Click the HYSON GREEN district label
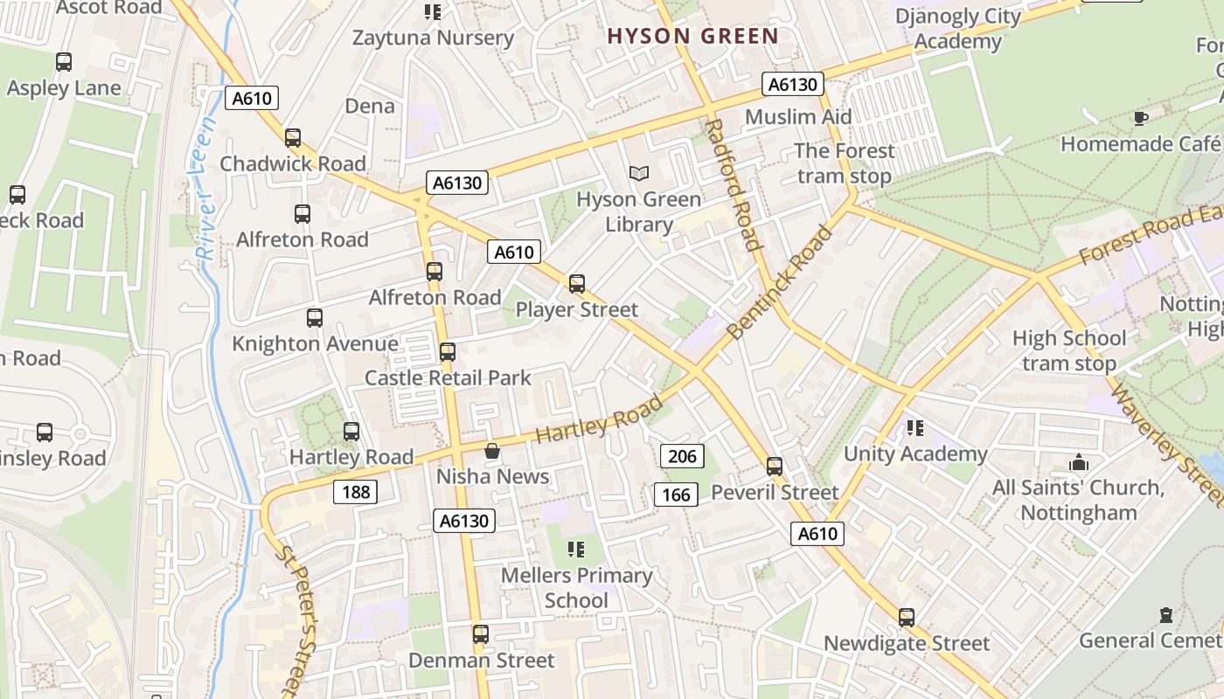pos(692,36)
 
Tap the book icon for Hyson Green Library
pos(639,174)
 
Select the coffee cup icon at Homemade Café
pos(1140,118)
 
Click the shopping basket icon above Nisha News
pos(492,451)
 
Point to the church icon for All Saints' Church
pos(1079,462)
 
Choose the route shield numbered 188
pos(355,492)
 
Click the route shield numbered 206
pos(682,455)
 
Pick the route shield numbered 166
pos(676,495)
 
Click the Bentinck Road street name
pos(780,281)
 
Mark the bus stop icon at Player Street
pos(576,284)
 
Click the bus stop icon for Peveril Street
pos(774,467)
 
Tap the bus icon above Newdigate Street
pos(907,618)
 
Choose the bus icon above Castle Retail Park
pos(447,352)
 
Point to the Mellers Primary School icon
pos(575,550)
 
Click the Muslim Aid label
pos(798,117)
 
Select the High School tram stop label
pos(1068,350)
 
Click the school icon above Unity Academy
pos(915,428)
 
